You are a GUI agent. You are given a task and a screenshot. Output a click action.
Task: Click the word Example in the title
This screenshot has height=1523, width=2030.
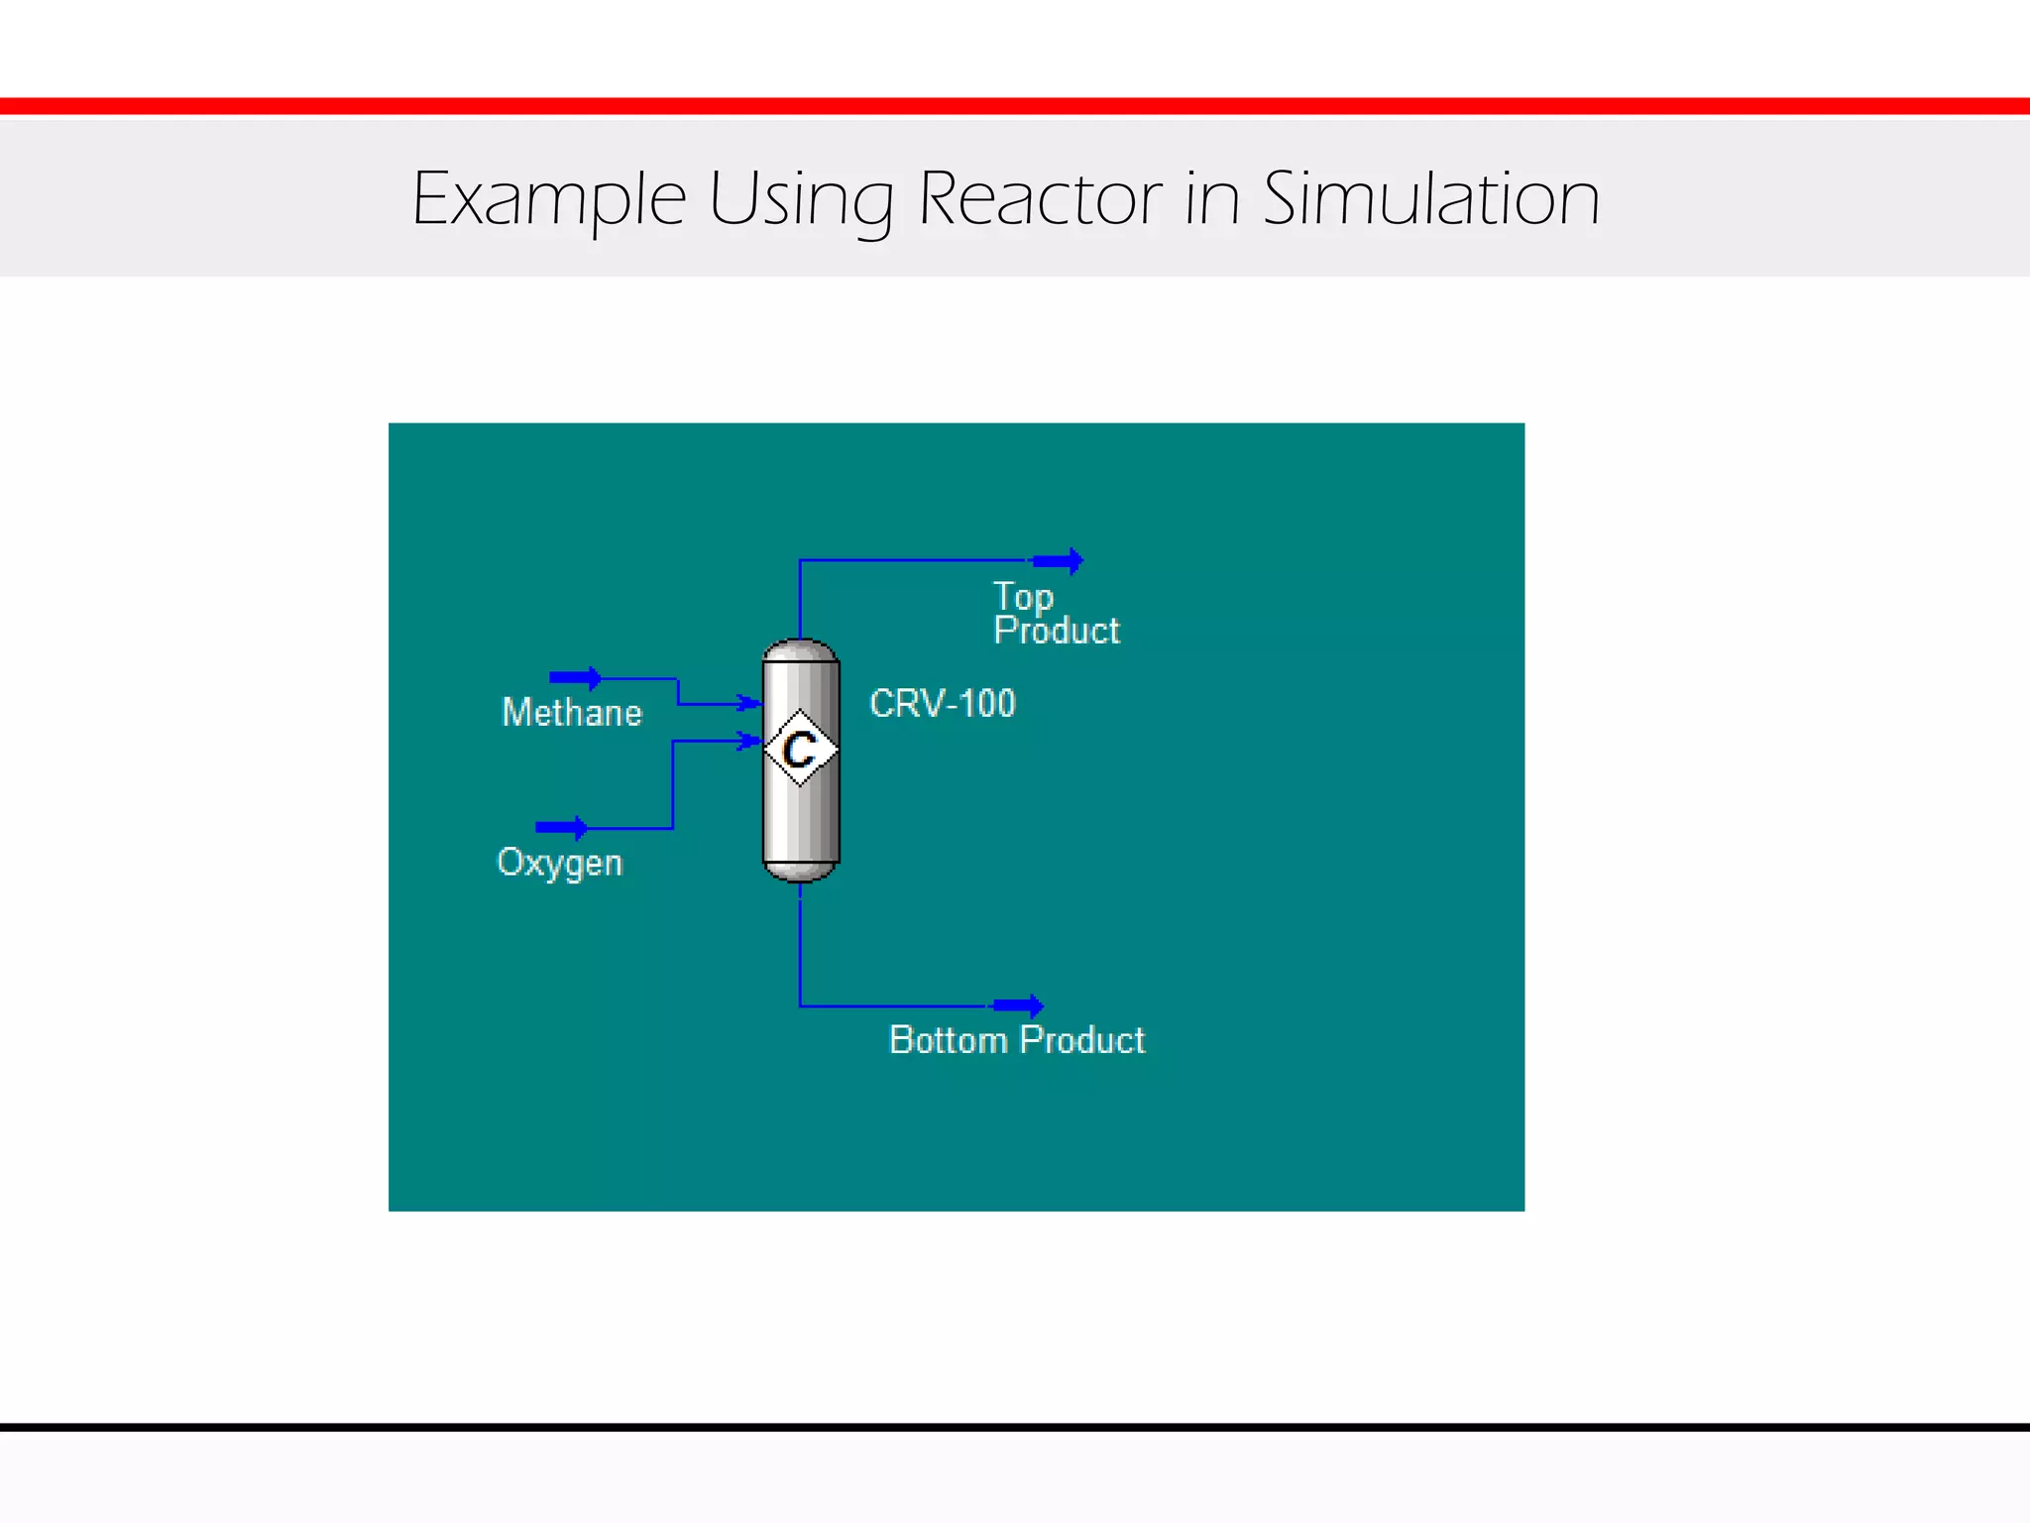coord(548,199)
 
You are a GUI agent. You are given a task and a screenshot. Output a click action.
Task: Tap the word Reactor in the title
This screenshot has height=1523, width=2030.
coord(1040,199)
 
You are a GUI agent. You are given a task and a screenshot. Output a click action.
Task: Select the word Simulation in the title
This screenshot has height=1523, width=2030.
coord(1430,199)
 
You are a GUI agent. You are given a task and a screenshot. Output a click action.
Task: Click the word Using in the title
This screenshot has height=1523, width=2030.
coord(801,199)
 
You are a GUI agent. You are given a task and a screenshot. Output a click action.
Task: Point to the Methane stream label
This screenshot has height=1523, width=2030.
coord(572,713)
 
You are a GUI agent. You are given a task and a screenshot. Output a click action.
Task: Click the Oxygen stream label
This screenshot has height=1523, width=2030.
coord(559,863)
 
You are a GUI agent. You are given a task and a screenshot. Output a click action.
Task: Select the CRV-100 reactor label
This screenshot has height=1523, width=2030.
coord(942,703)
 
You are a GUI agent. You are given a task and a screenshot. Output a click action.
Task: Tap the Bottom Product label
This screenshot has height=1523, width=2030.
coord(1017,1040)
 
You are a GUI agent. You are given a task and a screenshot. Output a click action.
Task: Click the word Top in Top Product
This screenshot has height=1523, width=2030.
coord(1023,597)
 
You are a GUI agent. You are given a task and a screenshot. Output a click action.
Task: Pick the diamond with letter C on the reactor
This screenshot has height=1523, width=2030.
coord(800,749)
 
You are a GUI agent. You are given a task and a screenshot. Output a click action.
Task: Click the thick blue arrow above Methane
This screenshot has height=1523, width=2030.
coord(575,678)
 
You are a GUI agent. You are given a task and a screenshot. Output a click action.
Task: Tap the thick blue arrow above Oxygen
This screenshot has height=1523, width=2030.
coord(561,827)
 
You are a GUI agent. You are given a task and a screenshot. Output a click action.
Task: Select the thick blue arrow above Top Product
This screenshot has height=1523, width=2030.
coord(1058,561)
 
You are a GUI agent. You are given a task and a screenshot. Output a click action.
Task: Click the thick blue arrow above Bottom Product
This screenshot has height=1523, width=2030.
coord(1018,1006)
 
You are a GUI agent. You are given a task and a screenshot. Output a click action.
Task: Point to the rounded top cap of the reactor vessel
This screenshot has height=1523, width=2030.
coord(801,649)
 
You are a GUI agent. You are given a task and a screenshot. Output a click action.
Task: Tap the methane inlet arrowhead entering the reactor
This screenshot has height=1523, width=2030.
coord(749,704)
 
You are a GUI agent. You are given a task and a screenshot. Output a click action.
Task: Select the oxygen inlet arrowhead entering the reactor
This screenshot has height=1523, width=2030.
coord(749,741)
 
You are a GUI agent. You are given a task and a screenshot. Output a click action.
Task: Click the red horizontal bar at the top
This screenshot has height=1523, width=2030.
coord(1015,106)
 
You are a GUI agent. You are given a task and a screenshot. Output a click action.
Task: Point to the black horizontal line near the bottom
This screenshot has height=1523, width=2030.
coord(1015,1428)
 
